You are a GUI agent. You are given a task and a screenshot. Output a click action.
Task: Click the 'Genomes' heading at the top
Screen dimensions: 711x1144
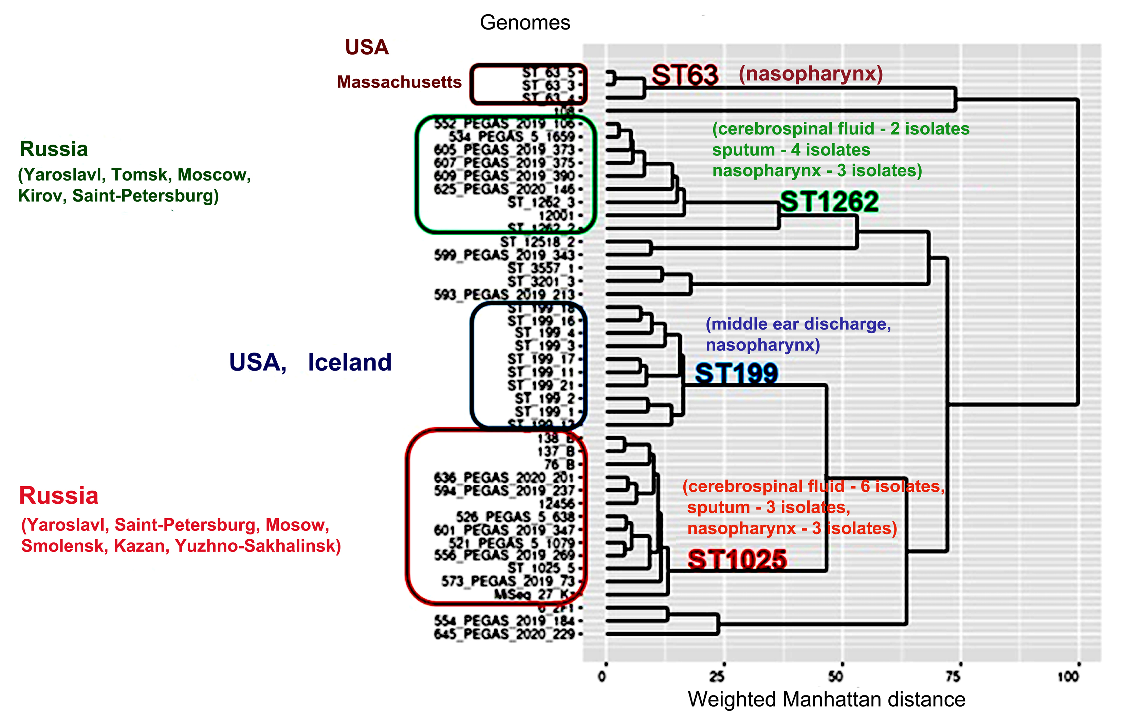click(x=524, y=23)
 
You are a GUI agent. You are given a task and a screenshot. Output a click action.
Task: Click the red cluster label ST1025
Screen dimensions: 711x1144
click(x=737, y=560)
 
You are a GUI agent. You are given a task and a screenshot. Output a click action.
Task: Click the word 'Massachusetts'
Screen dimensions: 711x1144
click(x=399, y=82)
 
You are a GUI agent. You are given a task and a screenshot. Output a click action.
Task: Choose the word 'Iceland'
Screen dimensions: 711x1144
click(x=350, y=362)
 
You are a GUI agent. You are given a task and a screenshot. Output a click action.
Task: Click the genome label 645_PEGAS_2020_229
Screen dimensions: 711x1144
click(x=504, y=634)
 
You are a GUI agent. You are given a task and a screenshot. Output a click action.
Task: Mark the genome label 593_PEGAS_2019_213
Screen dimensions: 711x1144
click(x=504, y=294)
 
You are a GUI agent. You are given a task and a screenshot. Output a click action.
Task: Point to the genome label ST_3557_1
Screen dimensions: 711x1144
click(x=541, y=268)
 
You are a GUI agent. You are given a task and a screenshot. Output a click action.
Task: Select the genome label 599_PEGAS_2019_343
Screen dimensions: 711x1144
click(x=504, y=255)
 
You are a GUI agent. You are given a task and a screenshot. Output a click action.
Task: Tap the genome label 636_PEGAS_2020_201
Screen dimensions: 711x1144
click(x=504, y=477)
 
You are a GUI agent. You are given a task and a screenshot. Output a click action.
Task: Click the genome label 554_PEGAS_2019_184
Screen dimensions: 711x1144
click(x=504, y=621)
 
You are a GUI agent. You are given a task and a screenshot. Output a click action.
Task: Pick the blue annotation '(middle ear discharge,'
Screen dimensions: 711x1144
click(x=798, y=324)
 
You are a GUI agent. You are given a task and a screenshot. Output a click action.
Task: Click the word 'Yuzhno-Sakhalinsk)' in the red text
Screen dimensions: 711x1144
click(x=258, y=546)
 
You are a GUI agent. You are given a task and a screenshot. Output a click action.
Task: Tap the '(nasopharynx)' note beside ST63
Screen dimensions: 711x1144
click(x=811, y=74)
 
